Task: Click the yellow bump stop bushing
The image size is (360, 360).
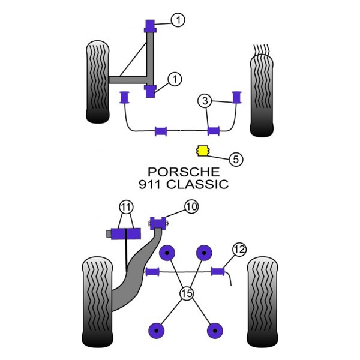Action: (x=203, y=151)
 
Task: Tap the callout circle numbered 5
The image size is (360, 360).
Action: (x=236, y=159)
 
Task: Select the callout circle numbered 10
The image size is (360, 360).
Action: (x=191, y=206)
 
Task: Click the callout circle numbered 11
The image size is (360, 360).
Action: (x=126, y=208)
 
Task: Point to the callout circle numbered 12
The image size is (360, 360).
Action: (x=239, y=249)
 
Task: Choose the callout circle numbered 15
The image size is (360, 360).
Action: (x=187, y=293)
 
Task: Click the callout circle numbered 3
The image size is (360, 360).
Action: (x=205, y=101)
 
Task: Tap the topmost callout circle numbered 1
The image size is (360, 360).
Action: (x=178, y=20)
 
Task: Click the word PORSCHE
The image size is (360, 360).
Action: (x=184, y=172)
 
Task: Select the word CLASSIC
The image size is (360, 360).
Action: (x=197, y=184)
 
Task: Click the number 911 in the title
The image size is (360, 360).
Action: (x=149, y=184)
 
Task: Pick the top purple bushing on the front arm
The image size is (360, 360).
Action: (x=150, y=26)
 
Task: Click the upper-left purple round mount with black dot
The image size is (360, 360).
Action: (x=167, y=253)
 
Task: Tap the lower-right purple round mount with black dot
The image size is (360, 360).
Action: (x=215, y=331)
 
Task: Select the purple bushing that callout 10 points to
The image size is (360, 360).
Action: (x=158, y=223)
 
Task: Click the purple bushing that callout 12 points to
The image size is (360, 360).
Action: (x=218, y=272)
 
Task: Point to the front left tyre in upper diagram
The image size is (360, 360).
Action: (x=98, y=82)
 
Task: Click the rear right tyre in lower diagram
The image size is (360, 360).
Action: (x=262, y=302)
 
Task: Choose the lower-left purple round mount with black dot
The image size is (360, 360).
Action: (x=157, y=331)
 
